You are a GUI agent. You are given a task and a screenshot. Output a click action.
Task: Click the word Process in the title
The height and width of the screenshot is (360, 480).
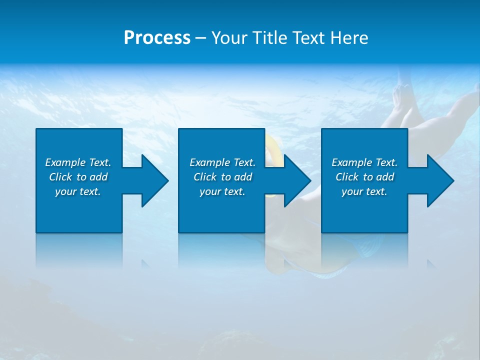pyautogui.click(x=157, y=38)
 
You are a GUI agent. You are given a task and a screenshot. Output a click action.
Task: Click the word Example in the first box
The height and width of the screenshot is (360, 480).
pyautogui.click(x=65, y=162)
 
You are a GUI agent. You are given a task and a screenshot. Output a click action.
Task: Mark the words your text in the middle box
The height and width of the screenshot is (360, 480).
pyautogui.click(x=222, y=191)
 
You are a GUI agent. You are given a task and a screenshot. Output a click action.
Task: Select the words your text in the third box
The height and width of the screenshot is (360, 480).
pyautogui.click(x=364, y=191)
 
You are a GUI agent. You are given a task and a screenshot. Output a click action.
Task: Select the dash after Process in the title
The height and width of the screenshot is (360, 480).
pyautogui.click(x=201, y=38)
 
